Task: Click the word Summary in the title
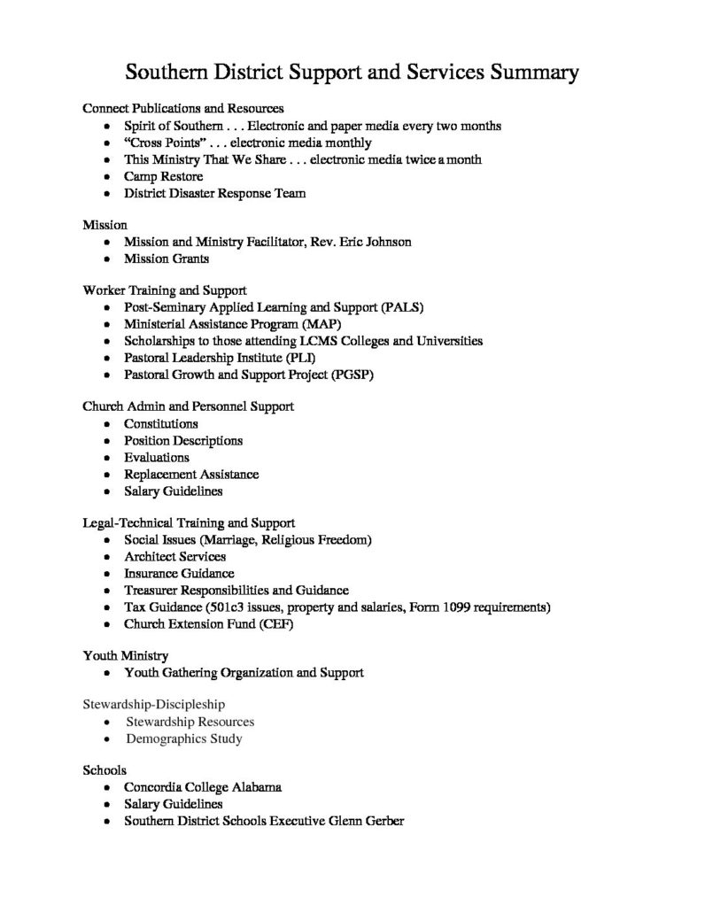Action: pos(530,72)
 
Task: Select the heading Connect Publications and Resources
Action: pos(182,108)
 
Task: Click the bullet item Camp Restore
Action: pos(163,176)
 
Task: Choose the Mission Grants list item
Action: pos(167,259)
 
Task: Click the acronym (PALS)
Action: pos(403,307)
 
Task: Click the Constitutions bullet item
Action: pos(161,423)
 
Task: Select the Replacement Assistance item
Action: pos(191,474)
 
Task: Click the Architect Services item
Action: pos(174,557)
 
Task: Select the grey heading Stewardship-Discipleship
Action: pos(153,705)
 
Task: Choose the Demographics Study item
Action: pos(183,738)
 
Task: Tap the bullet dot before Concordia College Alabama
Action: pos(107,787)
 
